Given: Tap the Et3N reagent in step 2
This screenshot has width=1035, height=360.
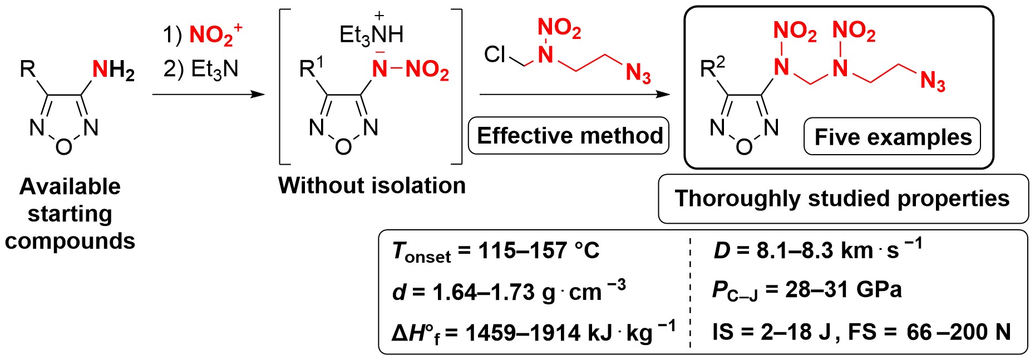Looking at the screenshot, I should click(215, 69).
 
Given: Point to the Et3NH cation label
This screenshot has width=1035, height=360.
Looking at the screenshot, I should click(371, 34).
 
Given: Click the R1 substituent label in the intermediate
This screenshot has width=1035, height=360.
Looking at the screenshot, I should click(311, 68).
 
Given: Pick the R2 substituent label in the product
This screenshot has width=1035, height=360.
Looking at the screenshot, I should click(712, 68).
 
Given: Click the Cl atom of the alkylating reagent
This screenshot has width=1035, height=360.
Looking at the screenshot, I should click(494, 55).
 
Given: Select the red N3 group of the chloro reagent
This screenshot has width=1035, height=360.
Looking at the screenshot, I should click(638, 73).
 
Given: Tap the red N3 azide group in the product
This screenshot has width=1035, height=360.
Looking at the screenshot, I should click(933, 82).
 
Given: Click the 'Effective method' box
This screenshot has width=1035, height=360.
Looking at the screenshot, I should click(569, 136).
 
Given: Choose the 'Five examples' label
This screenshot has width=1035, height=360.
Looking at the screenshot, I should click(893, 137).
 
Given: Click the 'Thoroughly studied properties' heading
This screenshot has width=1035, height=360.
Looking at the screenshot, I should click(842, 199).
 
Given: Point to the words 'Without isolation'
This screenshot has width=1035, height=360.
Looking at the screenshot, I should click(372, 185).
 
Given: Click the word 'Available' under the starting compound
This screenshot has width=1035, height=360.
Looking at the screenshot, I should click(70, 186).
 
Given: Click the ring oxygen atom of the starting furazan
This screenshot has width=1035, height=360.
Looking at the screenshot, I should click(64, 147).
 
